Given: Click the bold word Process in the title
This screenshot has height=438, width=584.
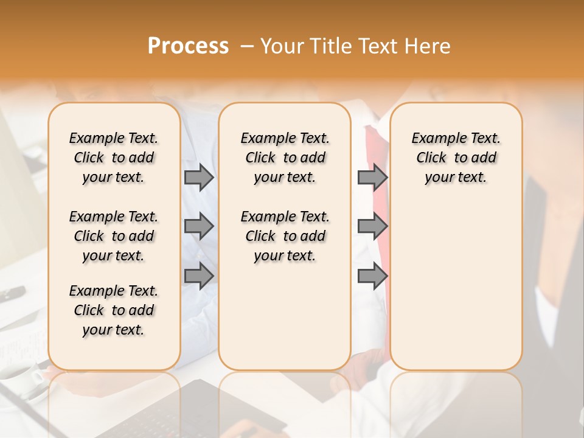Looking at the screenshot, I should coord(188,46).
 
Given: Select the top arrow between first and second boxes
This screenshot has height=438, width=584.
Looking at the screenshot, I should coord(198,177).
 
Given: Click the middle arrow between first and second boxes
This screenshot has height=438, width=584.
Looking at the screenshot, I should coord(198,226).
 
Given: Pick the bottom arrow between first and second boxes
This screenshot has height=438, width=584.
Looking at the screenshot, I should coord(198,277).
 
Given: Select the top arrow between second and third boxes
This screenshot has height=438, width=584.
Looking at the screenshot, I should coord(372,177).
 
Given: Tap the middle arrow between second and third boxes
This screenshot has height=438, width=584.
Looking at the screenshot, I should coord(372,226).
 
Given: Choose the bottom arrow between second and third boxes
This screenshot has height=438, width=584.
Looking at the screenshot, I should coord(372,277).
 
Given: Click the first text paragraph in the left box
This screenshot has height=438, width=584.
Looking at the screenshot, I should coord(114,158).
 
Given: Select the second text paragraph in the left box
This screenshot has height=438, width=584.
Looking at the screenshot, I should coord(114,236).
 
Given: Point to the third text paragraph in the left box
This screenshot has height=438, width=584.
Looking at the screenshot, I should coord(114,310).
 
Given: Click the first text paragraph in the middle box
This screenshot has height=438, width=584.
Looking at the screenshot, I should coord(285,158).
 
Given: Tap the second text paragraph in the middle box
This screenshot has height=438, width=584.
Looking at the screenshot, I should coord(285,236).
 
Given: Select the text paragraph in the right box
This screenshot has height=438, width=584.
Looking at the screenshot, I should coord(456,158).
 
